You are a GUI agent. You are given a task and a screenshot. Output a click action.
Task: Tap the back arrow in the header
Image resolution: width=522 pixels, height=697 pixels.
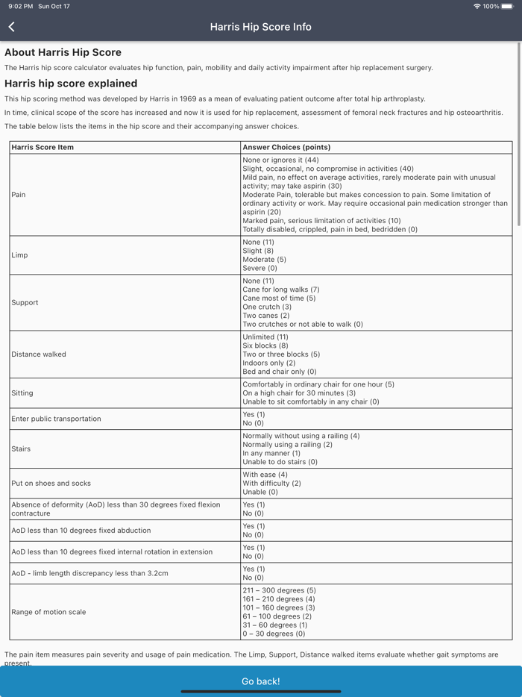point(12,27)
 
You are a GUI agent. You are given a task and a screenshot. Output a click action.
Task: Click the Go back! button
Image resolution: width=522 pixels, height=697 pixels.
point(261,681)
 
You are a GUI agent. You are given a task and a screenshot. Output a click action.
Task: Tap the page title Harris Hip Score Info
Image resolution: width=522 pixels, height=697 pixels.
point(261,27)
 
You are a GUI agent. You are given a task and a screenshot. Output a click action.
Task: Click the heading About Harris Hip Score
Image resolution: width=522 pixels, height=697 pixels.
point(63,52)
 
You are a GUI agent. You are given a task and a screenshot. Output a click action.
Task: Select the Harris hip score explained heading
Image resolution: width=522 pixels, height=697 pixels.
point(71,84)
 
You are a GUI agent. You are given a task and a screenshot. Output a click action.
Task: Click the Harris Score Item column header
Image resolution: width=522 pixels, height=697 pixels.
point(43,147)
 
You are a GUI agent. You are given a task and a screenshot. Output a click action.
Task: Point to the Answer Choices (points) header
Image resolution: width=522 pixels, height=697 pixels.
point(286,147)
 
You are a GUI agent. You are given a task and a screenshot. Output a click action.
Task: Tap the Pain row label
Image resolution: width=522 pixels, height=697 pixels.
point(19,195)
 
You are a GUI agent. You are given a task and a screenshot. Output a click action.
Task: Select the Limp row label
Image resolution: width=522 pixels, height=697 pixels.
point(20,255)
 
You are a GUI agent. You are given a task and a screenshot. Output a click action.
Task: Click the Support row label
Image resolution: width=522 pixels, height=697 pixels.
point(25,302)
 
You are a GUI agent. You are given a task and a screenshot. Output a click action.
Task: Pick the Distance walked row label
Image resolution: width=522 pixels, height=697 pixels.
point(39,354)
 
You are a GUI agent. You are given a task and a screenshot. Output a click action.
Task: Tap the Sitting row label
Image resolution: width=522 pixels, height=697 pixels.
point(22,393)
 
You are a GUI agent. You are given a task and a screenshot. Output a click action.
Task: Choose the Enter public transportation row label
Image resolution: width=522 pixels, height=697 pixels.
point(56,419)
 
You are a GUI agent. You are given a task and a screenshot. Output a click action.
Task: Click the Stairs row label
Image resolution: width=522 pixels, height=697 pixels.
point(21,448)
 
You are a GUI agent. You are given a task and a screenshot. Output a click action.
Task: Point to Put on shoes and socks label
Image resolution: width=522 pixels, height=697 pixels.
point(51,483)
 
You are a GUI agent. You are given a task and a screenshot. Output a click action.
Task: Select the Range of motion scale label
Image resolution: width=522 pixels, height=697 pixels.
point(48,612)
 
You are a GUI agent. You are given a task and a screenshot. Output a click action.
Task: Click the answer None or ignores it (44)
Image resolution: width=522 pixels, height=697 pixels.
point(280,160)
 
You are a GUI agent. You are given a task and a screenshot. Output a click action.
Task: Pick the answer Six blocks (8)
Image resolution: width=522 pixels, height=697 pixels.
point(265,346)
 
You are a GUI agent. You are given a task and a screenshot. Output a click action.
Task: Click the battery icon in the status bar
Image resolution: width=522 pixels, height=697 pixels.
point(508,6)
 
